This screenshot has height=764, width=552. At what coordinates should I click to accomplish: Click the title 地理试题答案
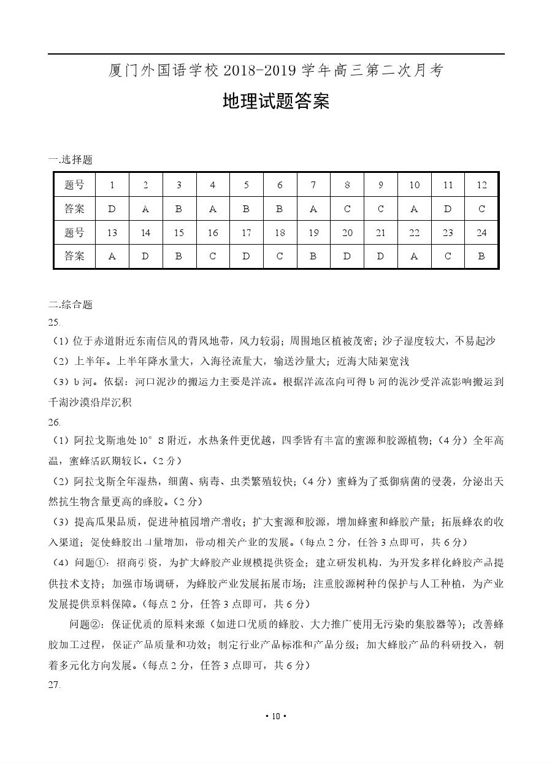click(x=275, y=102)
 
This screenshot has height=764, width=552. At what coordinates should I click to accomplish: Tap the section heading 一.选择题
click(x=71, y=160)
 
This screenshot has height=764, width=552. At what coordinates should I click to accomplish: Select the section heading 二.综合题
click(x=71, y=305)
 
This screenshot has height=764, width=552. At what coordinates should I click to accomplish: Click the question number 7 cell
click(x=313, y=185)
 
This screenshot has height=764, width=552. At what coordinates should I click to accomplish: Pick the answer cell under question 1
click(x=112, y=209)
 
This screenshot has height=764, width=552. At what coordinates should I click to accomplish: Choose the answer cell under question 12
click(x=481, y=209)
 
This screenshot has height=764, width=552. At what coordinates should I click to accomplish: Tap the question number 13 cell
click(x=112, y=233)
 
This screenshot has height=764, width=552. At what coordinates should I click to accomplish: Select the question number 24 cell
click(x=481, y=233)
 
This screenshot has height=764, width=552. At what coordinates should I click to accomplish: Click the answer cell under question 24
click(x=481, y=257)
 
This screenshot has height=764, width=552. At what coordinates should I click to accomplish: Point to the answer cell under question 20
click(x=347, y=257)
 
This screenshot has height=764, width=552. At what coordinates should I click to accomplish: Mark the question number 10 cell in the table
click(x=414, y=185)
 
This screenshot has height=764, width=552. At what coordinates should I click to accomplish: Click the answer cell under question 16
click(x=212, y=257)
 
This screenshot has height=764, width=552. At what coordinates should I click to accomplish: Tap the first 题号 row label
click(x=74, y=185)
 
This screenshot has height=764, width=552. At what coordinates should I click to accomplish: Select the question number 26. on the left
click(x=54, y=422)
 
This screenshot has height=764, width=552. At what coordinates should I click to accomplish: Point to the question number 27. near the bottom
click(x=54, y=685)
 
